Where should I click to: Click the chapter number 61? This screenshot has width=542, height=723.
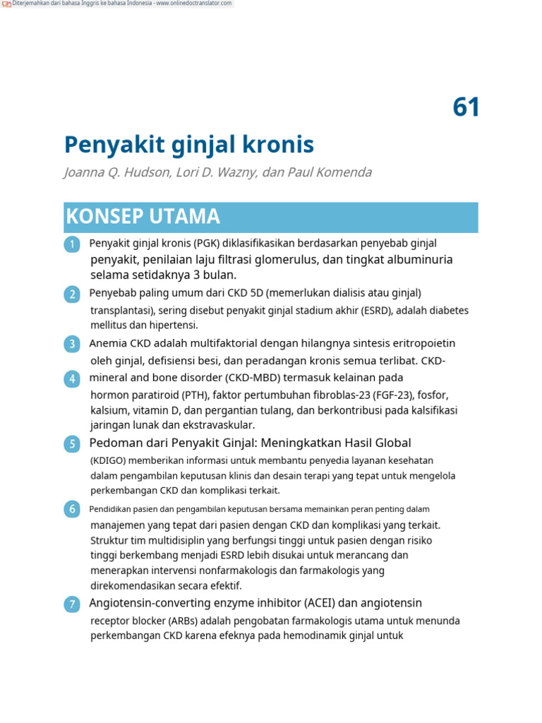(466, 107)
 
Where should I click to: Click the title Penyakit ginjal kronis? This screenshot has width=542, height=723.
(188, 145)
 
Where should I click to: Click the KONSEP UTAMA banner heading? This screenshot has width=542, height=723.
(143, 217)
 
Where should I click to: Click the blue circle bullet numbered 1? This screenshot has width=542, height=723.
(72, 244)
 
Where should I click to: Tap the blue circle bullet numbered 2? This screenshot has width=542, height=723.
(72, 294)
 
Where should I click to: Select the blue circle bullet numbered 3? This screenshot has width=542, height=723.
(72, 344)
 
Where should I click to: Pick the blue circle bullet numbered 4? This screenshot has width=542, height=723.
(72, 378)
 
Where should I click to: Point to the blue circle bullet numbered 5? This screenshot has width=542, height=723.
(72, 443)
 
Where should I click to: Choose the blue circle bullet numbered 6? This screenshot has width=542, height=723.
(72, 509)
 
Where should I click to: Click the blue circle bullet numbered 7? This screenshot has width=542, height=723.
(72, 604)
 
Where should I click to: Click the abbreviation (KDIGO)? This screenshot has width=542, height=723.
(109, 460)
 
